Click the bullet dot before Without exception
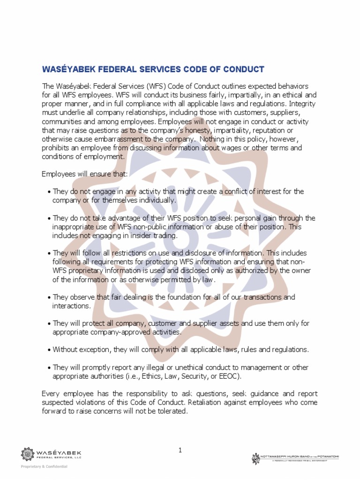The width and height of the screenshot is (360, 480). tap(49, 350)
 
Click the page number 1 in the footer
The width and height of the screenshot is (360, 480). tap(180, 450)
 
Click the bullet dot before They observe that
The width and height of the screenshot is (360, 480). tap(49, 298)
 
